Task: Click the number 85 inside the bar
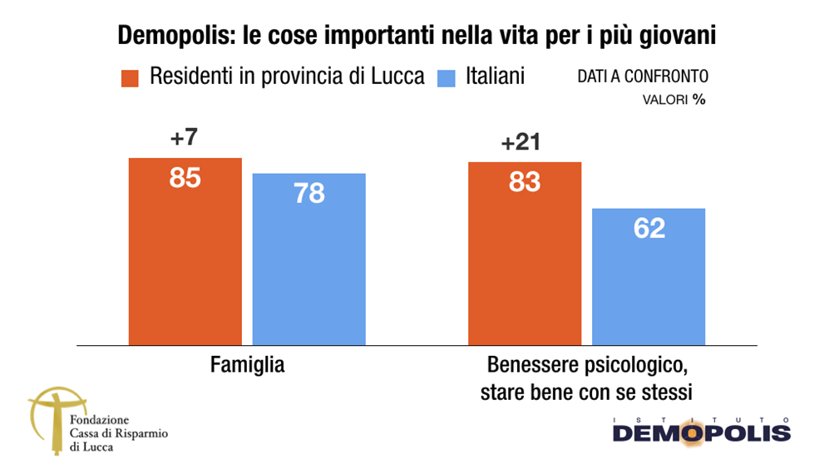[185, 178]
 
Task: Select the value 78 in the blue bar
[308, 194]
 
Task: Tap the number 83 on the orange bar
[525, 182]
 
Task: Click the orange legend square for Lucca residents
[129, 77]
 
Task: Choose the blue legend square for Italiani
[447, 77]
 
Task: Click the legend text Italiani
[495, 77]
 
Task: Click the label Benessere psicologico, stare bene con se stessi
[586, 378]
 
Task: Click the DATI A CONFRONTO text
[643, 77]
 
